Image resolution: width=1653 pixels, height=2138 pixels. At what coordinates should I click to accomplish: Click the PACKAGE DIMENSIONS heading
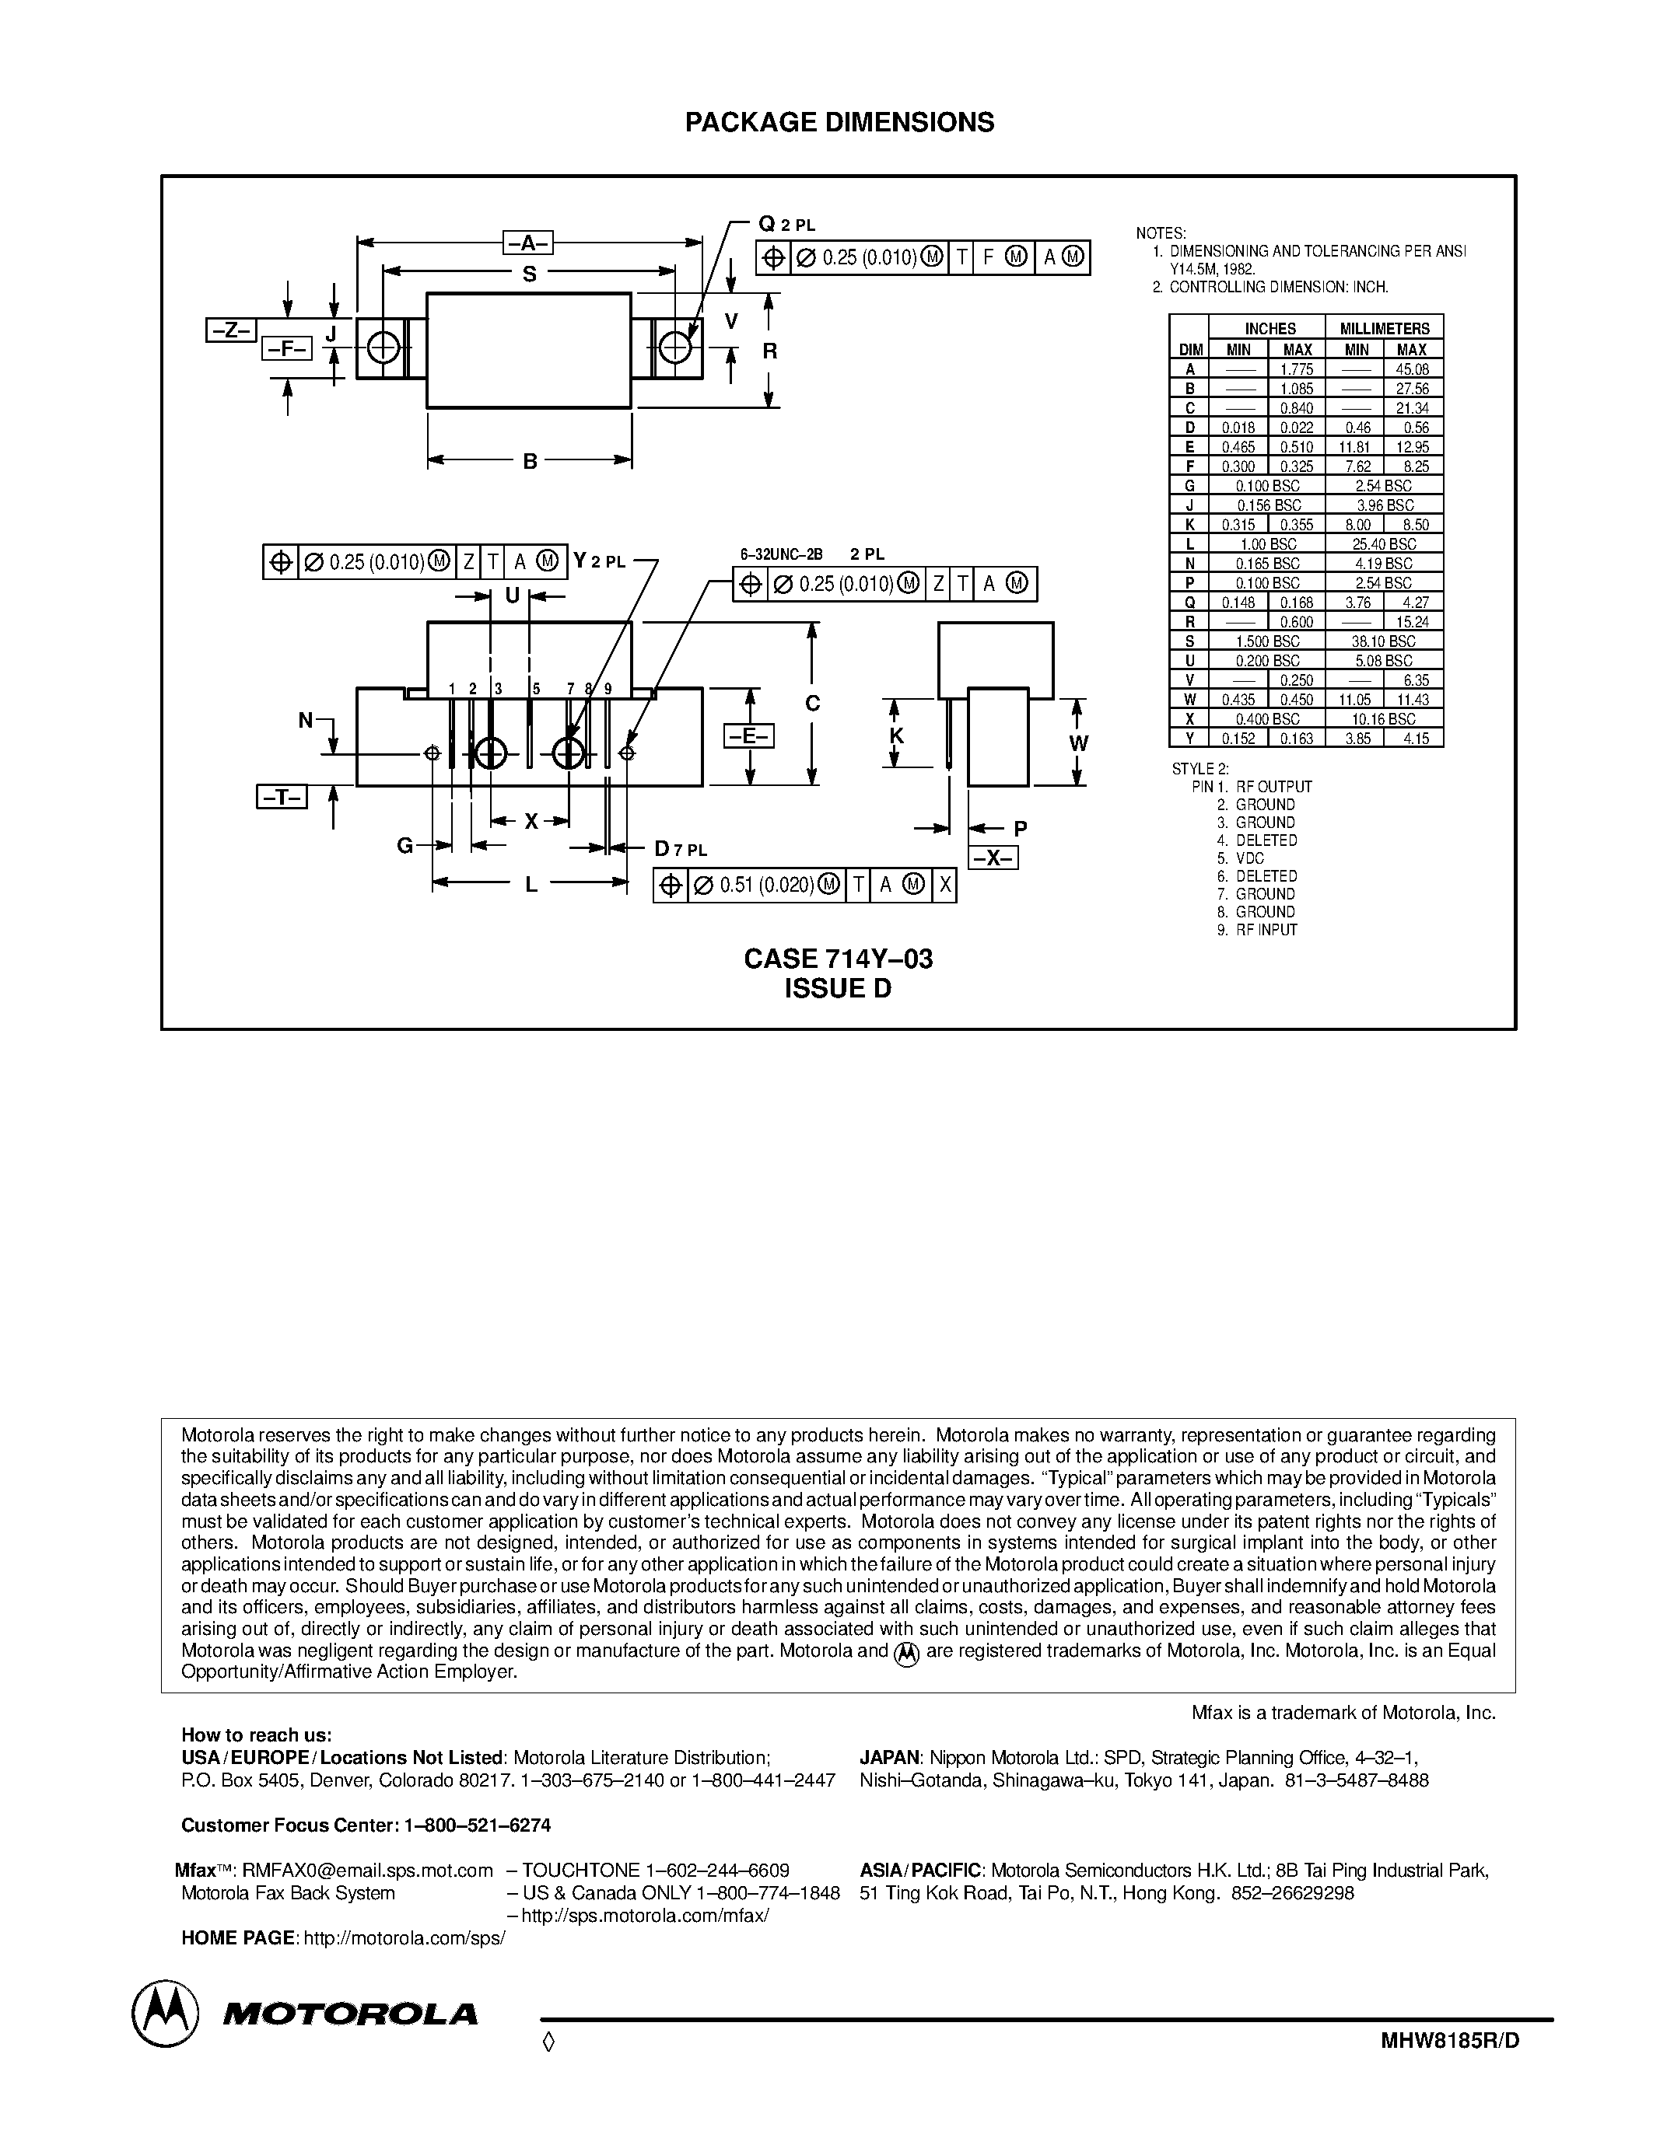click(839, 122)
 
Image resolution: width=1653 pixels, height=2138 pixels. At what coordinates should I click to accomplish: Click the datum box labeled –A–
click(528, 243)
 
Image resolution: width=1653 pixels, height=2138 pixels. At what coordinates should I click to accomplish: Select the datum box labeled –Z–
click(231, 331)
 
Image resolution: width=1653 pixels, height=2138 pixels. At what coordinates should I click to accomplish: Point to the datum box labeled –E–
click(748, 735)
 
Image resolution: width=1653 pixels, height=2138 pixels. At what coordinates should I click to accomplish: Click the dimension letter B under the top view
click(530, 461)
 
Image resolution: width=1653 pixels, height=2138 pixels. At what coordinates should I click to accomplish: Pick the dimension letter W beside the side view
click(1078, 743)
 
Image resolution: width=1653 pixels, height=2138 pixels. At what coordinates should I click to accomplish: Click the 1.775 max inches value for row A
click(1297, 369)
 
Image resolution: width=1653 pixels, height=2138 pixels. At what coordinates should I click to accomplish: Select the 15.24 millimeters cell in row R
click(1411, 622)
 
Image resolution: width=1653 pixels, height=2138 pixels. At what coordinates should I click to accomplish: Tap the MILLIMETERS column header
click(1385, 329)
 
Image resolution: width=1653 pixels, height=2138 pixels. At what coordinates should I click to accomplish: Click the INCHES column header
click(1270, 329)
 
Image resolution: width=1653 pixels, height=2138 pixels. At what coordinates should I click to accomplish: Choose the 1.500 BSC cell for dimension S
click(1267, 641)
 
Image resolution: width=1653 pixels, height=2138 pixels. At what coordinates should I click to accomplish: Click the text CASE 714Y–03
click(839, 959)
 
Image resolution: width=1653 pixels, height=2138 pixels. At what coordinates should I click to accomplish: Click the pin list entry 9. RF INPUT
click(1257, 930)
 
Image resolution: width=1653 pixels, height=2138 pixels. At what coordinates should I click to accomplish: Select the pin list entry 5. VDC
click(1241, 858)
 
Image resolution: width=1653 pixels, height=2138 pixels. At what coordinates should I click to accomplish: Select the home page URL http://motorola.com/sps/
click(404, 1938)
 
